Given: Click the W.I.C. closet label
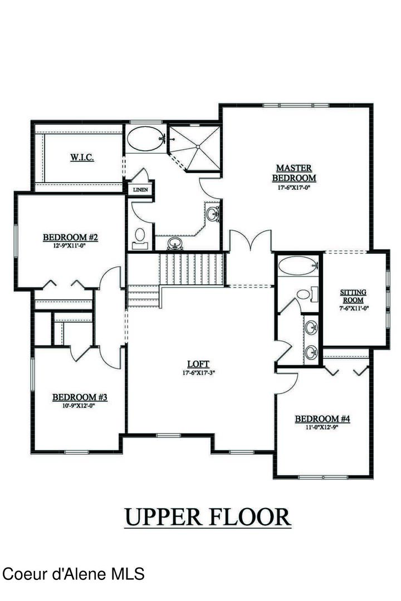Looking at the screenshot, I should coord(82,158).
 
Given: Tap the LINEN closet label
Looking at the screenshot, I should coord(140,190).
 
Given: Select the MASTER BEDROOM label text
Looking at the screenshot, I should coord(294,173).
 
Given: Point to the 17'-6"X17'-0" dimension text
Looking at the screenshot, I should coord(294,188).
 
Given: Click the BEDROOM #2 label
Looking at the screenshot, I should coord(71,238).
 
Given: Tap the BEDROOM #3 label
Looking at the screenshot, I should coord(80,397).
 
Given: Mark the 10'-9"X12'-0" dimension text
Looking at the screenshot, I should coord(80,406).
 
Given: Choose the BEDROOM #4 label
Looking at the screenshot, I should coord(322,419).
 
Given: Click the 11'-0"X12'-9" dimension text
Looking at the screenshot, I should coord(322,427).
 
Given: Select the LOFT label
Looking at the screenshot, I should coord(198,364).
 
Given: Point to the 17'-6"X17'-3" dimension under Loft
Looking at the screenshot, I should coord(198,373).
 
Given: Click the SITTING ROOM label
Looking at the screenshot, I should coord(354,296).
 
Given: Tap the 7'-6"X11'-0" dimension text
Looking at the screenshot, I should coord(354,308).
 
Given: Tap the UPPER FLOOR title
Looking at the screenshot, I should coord(207,516).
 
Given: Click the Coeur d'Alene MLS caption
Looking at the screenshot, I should coord(74,573).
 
